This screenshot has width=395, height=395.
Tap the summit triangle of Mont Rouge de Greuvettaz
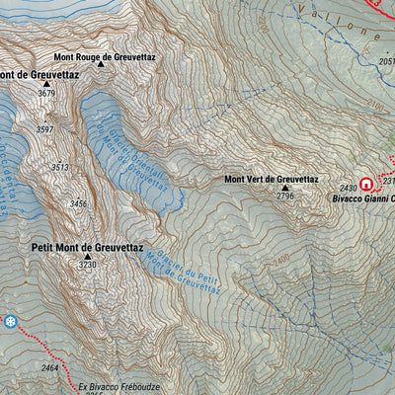tap(102, 71)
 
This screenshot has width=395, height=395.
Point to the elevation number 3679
tap(45, 94)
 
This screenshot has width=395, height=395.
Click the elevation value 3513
tap(60, 168)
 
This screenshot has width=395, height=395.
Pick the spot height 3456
tap(79, 204)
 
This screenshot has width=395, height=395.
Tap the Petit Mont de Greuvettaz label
tap(87, 245)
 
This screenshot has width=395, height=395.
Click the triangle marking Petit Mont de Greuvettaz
tap(86, 256)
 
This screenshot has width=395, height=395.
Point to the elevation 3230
tap(88, 266)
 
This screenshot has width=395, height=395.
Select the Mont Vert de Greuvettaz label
tap(271, 179)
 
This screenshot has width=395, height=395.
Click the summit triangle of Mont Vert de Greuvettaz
tap(285, 187)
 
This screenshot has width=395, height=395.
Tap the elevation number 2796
tap(285, 197)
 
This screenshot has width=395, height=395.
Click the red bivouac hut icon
tap(366, 184)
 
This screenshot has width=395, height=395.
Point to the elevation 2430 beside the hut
tap(348, 188)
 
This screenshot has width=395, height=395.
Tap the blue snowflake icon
tap(10, 322)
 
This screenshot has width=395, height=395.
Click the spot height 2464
tap(50, 367)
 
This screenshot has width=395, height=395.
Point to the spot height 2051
tap(386, 61)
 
